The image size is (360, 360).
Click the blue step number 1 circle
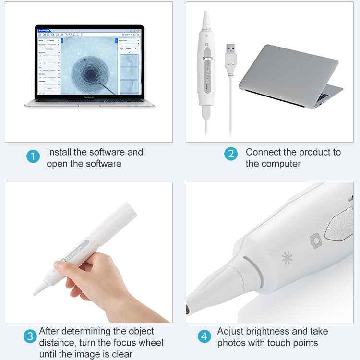tap(33, 156)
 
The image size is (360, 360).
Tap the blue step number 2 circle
tap(231, 154)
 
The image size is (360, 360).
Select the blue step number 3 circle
tap(30, 336)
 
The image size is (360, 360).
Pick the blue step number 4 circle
tap(205, 336)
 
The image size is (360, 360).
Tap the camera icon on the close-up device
tap(315, 240)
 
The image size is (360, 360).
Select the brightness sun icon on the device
tap(288, 258)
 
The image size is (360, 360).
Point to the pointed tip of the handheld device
tap(36, 292)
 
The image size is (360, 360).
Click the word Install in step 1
tap(59, 152)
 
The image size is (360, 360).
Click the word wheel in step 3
tap(150, 343)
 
